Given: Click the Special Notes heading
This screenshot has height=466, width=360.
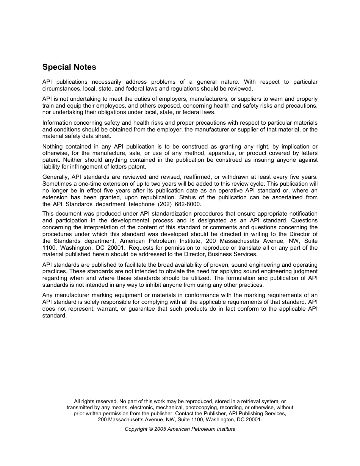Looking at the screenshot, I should point(69,67).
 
